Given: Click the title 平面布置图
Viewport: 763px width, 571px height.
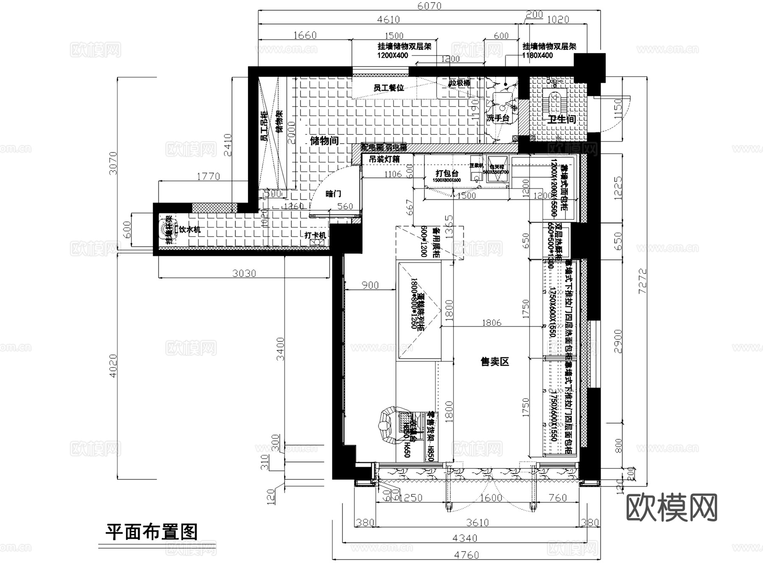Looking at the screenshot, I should pos(151,532).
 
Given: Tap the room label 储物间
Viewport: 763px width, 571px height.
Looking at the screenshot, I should pos(324,141).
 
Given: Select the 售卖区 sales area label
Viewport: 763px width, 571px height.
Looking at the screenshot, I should pos(494,362).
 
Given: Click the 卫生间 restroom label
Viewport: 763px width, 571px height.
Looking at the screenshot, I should pos(562,119).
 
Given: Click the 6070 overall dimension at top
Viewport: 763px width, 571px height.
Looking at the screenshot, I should pos(429,6).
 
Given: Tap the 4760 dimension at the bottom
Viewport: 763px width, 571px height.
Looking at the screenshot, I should pos(466,555).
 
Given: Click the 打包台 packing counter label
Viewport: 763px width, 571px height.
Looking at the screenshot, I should pos(447,173).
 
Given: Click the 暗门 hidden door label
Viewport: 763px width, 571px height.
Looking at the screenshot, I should pos(333,194).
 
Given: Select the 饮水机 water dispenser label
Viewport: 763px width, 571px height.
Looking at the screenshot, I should pos(189,230).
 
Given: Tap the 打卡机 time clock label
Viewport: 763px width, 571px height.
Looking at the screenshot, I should pos(315,235).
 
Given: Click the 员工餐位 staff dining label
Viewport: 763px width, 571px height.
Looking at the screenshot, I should pos(388,88).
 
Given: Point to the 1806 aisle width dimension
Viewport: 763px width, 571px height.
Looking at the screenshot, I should pos(491,323).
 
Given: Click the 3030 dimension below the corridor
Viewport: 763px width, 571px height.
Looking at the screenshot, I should pos(244,273).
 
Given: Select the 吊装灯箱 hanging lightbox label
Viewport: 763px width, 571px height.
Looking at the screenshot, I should pos(384,159).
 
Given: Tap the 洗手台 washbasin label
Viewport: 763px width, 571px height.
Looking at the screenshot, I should pos(498,118).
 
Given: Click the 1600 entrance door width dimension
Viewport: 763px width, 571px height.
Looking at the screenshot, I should pos(491,498).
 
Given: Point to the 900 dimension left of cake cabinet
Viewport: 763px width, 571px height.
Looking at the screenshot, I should pos(370,285).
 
